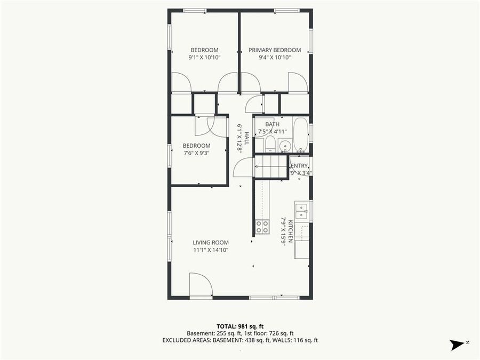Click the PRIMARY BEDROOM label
[275, 50]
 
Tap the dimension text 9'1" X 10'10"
[204, 57]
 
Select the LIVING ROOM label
[211, 243]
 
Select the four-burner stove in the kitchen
[262, 227]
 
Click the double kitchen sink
[301, 211]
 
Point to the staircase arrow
[271, 166]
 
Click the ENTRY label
[299, 166]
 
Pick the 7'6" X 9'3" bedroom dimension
[196, 153]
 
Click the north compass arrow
[457, 345]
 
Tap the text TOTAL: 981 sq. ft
[240, 326]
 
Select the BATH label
[272, 124]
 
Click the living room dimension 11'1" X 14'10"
[211, 250]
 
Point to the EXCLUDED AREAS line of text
[240, 340]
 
